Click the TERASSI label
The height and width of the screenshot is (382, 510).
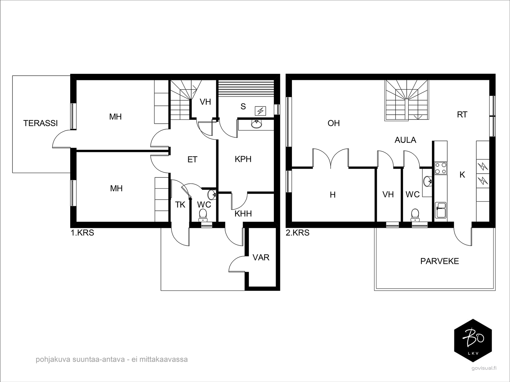click(x=40, y=123)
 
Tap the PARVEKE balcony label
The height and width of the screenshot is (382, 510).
click(x=440, y=261)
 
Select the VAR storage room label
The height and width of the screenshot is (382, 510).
click(x=261, y=257)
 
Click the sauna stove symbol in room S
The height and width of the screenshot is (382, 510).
click(x=260, y=111)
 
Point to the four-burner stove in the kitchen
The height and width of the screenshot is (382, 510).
click(x=441, y=168)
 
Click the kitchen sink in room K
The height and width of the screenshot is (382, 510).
click(x=441, y=210)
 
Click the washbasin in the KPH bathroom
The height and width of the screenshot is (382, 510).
click(x=257, y=125)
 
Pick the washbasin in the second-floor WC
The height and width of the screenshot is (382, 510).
click(x=427, y=181)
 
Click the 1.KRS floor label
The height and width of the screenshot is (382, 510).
click(x=83, y=233)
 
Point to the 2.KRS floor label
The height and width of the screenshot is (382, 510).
click(x=298, y=233)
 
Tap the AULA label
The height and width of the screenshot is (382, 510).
click(x=405, y=140)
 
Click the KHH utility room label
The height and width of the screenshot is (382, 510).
click(x=243, y=214)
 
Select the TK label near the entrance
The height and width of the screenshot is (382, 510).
click(x=180, y=205)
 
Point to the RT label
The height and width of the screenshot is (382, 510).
click(x=462, y=114)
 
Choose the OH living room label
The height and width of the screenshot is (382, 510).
click(x=334, y=123)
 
